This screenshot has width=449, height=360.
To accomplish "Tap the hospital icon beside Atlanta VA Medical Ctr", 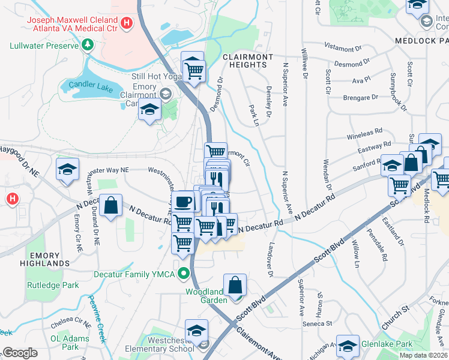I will pyautogui.click(x=126, y=23).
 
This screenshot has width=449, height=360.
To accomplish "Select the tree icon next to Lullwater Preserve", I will pyautogui.click(x=88, y=45).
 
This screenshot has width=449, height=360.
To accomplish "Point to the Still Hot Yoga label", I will pyautogui.click(x=155, y=76).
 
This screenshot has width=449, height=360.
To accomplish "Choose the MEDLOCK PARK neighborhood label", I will pyautogui.click(x=421, y=41).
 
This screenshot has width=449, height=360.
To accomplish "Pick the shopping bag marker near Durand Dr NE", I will pyautogui.click(x=111, y=206).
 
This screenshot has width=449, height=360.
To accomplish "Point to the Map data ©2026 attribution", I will pyautogui.click(x=423, y=355).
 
